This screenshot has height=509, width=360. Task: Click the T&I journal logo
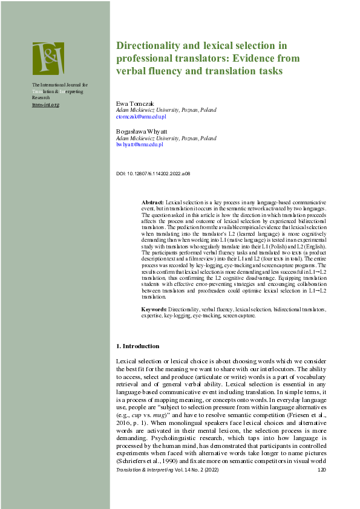[48, 59]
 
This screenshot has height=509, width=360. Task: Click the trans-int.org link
[45, 105]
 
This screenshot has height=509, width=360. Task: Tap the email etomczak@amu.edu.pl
[141, 117]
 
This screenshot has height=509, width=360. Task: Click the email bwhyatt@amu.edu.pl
[139, 144]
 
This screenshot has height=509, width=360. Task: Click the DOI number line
[152, 174]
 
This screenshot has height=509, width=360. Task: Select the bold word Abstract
[152, 199]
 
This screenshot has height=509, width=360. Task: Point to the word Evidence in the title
[255, 59]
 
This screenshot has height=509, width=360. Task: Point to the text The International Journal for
[59, 85]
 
